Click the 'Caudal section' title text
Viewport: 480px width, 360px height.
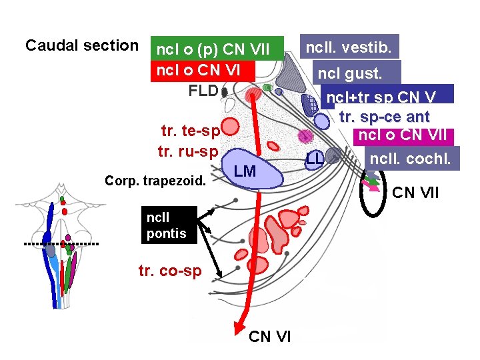[x=81, y=46]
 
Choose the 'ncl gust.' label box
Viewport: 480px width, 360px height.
[x=357, y=73]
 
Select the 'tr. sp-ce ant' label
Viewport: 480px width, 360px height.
[x=384, y=117]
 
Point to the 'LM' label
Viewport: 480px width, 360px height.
[x=245, y=173]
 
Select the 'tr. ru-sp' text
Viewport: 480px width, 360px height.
[x=188, y=151]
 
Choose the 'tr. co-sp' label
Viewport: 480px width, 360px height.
[x=169, y=271]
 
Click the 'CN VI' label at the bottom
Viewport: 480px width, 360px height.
[x=269, y=337]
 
